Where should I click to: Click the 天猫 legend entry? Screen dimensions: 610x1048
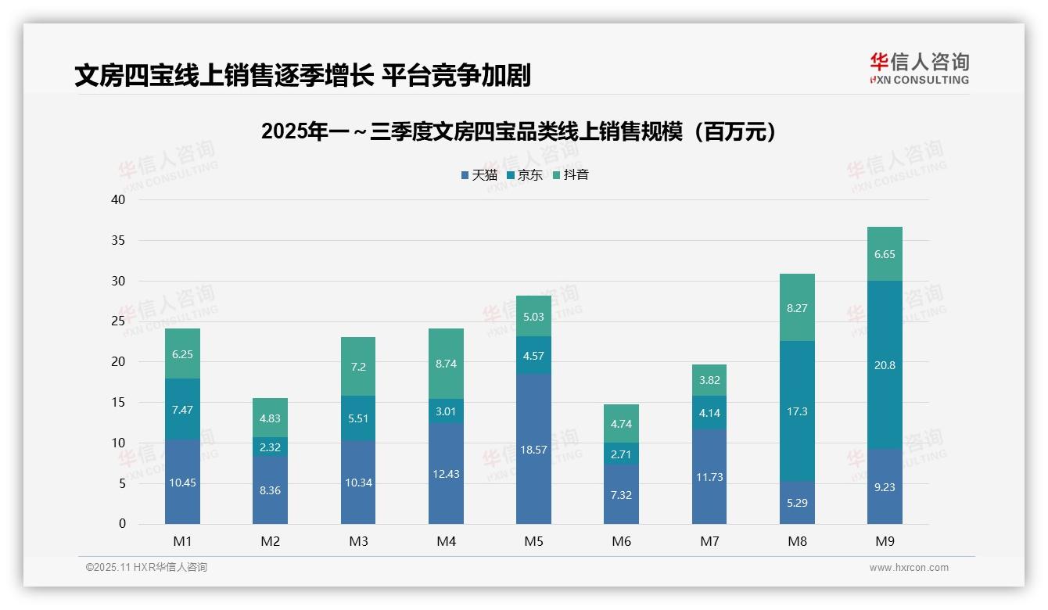tap(479, 175)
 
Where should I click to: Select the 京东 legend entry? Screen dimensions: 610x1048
tap(525, 175)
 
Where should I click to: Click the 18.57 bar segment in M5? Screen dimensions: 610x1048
tap(533, 450)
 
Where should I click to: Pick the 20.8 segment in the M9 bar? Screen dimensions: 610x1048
tap(885, 364)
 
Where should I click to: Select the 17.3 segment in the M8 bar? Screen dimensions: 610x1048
tap(797, 411)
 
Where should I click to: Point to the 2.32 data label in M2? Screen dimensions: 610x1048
tap(271, 447)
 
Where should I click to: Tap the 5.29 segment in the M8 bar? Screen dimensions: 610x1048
tap(797, 503)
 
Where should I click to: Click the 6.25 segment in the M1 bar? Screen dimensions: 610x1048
tap(182, 353)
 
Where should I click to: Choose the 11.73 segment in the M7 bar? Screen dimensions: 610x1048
tap(709, 476)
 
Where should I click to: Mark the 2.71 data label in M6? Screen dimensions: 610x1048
tap(622, 454)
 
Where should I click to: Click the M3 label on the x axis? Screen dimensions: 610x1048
tap(358, 541)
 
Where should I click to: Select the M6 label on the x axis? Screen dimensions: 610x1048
tap(622, 541)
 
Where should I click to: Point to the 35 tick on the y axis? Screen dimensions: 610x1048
tap(118, 240)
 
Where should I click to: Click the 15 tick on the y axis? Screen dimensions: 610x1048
tap(118, 402)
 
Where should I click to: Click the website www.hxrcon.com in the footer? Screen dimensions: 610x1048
tap(909, 568)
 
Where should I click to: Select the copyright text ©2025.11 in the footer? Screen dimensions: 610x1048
tap(146, 568)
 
